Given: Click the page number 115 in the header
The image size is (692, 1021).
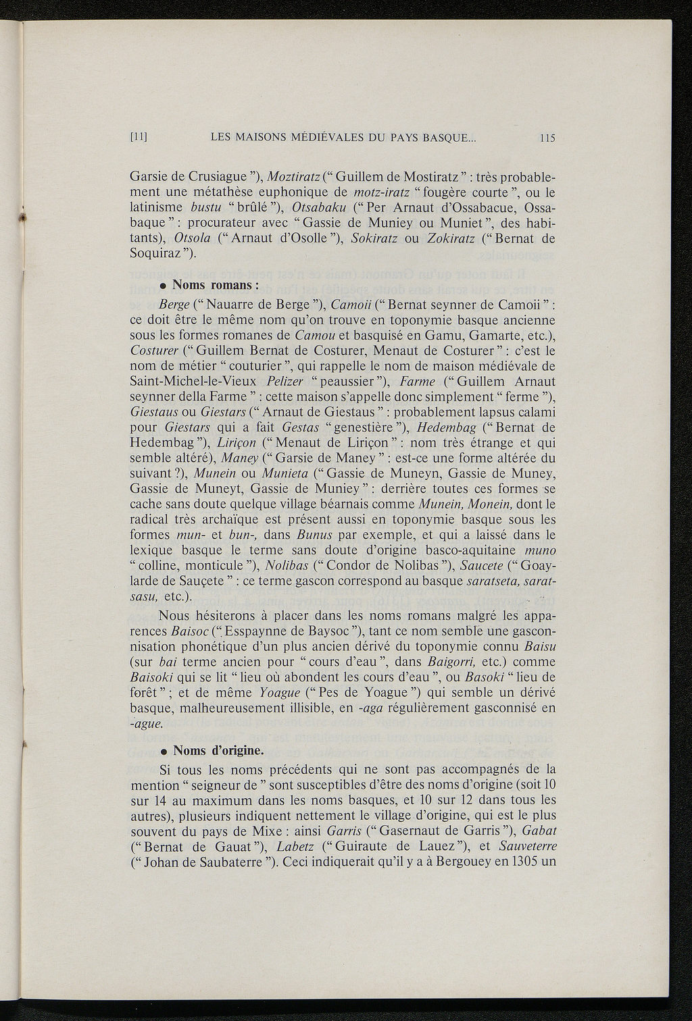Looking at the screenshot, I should [x=547, y=138].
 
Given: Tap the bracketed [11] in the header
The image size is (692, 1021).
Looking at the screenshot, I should [x=139, y=138].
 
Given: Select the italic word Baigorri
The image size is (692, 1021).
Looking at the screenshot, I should [x=442, y=663].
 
